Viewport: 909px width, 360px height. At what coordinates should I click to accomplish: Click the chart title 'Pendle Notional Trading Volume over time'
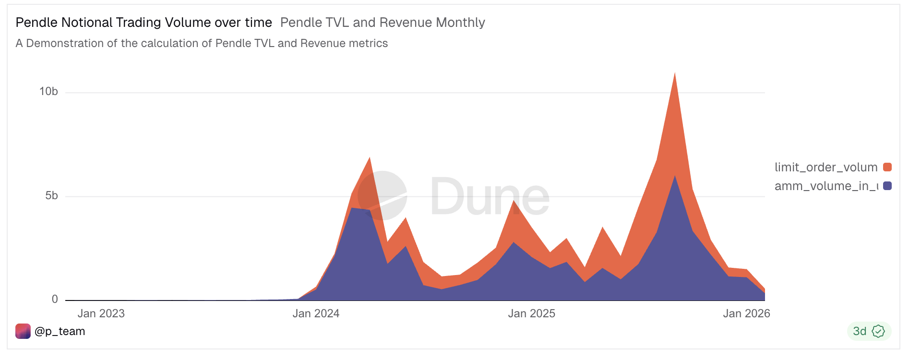(x=144, y=23)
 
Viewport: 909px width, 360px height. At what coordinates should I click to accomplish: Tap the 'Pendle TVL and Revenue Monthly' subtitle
(x=383, y=23)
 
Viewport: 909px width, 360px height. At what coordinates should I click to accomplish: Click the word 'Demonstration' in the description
(x=65, y=43)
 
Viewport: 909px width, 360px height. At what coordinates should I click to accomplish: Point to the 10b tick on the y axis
(x=48, y=92)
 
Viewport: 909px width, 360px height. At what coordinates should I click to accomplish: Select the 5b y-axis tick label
(x=51, y=196)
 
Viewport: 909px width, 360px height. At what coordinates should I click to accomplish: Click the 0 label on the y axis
(x=55, y=300)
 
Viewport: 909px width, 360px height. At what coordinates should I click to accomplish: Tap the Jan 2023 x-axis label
(x=101, y=313)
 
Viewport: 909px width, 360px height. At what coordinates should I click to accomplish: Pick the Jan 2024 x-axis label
(x=316, y=313)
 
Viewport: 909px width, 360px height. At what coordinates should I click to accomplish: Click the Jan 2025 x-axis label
(x=531, y=313)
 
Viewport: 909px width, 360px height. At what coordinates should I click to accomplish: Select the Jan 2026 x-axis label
(x=746, y=313)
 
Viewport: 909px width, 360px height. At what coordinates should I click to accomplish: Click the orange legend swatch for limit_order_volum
(x=887, y=167)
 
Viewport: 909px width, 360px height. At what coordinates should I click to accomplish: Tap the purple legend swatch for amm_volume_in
(x=887, y=186)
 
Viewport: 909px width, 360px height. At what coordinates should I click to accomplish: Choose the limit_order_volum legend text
(x=825, y=167)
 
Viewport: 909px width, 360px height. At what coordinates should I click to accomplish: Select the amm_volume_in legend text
(x=825, y=186)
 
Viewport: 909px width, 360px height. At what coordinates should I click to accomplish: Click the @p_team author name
(x=60, y=331)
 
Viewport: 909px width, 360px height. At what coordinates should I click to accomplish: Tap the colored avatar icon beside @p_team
(x=23, y=331)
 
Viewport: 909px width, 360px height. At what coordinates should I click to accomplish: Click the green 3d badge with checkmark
(x=869, y=331)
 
